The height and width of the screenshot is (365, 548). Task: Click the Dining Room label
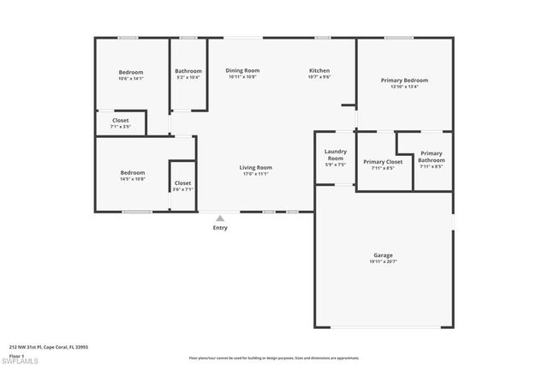point(242,70)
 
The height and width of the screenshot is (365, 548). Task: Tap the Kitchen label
point(319,70)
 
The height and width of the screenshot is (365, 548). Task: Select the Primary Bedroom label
point(404,80)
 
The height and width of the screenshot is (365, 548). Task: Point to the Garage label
point(383,254)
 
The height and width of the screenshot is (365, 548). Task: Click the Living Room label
point(255,167)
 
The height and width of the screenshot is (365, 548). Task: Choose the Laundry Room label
point(335,155)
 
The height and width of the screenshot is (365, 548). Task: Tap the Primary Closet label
point(383,161)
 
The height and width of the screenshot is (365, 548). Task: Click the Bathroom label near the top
point(188,71)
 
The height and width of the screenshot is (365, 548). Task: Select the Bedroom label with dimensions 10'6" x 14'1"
point(131,72)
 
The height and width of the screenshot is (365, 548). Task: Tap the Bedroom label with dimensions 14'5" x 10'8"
point(132,173)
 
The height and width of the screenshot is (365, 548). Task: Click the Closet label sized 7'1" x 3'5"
point(120,121)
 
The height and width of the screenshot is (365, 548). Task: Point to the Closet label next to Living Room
point(182,182)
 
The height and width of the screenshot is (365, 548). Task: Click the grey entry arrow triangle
point(220,218)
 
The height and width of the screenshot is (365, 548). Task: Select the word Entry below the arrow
point(220,228)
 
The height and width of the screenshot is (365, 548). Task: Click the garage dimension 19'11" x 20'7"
point(383,261)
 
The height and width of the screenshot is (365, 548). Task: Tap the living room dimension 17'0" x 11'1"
point(255,174)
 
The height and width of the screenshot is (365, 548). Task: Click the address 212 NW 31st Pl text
point(49,347)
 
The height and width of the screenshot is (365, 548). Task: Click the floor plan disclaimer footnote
point(273,357)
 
